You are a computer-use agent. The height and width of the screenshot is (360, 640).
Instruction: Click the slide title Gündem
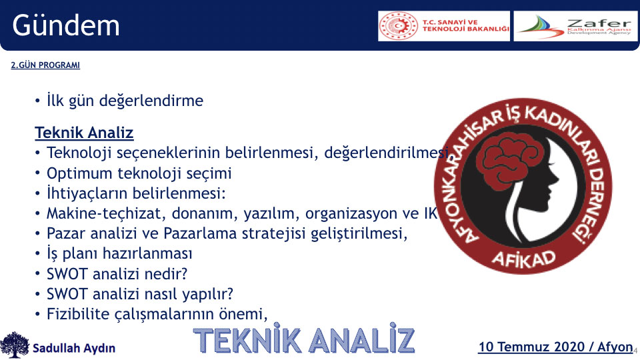66,25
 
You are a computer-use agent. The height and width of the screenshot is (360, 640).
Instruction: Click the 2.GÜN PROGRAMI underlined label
45,65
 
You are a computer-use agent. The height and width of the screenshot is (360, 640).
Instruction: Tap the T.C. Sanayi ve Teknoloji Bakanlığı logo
444,26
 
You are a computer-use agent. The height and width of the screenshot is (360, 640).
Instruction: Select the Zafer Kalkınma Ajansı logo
575,26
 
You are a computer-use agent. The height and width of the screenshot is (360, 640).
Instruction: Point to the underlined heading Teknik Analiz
84,133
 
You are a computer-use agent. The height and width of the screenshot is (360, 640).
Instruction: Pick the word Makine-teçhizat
106,213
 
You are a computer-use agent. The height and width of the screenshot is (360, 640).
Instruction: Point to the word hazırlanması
147,254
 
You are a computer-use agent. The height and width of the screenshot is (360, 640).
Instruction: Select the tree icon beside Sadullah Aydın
15,345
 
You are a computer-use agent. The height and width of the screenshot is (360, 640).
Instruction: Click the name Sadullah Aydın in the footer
74,348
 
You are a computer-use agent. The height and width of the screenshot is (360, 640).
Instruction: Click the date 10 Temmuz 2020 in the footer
531,347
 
